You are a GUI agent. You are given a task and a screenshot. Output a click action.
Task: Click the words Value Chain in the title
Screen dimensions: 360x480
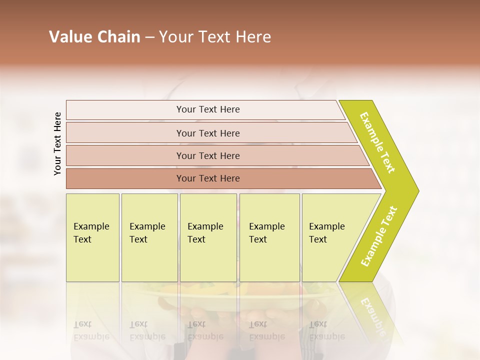tap(94, 37)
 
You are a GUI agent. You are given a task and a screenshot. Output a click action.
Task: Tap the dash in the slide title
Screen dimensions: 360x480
tap(149, 37)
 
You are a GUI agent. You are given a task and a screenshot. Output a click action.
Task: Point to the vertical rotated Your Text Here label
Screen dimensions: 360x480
tap(57, 144)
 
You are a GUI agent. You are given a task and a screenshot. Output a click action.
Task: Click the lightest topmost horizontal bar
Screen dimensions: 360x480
tap(205, 110)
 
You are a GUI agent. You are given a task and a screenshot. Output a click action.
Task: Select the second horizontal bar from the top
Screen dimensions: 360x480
tap(210, 133)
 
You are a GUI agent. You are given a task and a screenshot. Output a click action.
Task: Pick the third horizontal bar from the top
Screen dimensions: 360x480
tap(215, 155)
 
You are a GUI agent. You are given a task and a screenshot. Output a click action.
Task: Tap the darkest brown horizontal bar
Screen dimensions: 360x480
tap(220, 178)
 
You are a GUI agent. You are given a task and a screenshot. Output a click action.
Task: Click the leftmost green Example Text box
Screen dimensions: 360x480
tap(92, 237)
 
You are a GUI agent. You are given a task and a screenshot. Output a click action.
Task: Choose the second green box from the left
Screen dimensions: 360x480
tap(149, 237)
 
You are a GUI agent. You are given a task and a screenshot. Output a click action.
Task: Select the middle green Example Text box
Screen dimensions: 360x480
tap(208, 237)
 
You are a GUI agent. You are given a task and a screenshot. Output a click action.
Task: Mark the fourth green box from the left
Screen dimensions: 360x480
tap(269, 237)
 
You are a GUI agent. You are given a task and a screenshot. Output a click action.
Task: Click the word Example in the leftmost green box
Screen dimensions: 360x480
tap(91, 226)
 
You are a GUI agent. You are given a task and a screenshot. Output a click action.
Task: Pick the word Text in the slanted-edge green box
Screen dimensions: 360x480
tap(317, 239)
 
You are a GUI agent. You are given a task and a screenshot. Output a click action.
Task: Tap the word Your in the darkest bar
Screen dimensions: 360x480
tap(185, 178)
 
